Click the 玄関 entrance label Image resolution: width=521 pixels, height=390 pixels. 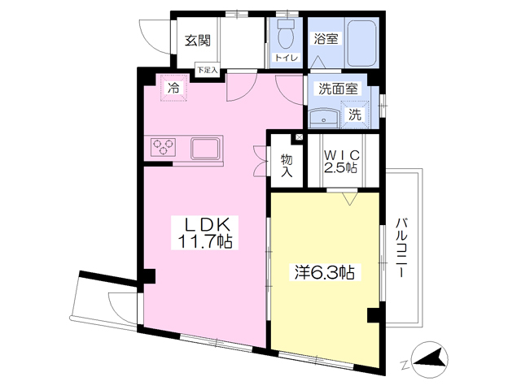[x=198, y=41]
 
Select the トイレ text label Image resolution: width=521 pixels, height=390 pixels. [x=286, y=58]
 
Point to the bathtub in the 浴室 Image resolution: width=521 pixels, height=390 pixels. [x=361, y=42]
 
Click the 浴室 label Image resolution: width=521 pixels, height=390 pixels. [x=326, y=39]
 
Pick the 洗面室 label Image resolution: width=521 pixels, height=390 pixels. [x=338, y=89]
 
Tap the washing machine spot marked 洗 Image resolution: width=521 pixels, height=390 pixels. [x=355, y=115]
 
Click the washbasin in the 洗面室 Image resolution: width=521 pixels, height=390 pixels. [x=324, y=118]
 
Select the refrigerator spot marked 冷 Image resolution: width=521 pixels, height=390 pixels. [x=173, y=88]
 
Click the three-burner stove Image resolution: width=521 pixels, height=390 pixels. [x=163, y=147]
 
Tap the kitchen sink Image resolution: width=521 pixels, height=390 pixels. [x=205, y=149]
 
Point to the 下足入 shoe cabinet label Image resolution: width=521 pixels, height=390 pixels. [x=208, y=70]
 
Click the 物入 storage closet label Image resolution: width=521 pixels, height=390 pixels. [x=287, y=165]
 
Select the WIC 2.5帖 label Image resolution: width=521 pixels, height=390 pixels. [x=342, y=162]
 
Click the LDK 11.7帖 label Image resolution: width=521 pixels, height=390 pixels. [x=205, y=233]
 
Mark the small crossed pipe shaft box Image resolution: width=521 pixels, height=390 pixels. [x=299, y=137]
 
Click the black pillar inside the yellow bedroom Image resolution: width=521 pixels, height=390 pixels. [x=374, y=315]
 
